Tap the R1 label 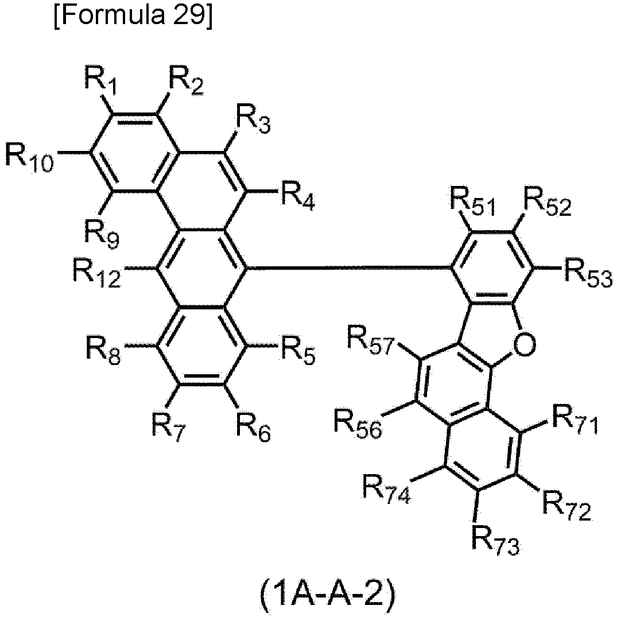[100, 82]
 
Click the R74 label [388, 488]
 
